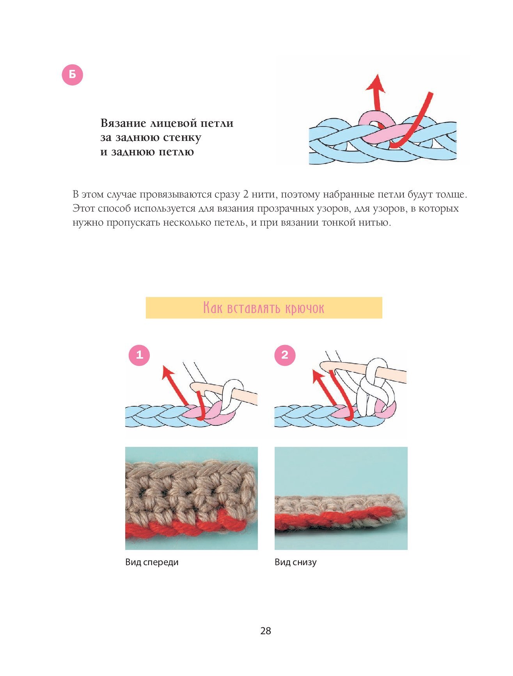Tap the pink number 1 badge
pyautogui.click(x=139, y=355)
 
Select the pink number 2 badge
pyautogui.click(x=285, y=355)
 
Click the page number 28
pyautogui.click(x=266, y=631)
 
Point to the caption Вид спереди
pyautogui.click(x=152, y=562)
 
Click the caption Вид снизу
pyautogui.click(x=296, y=562)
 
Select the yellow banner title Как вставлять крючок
pyautogui.click(x=264, y=308)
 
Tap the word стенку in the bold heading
pyautogui.click(x=182, y=137)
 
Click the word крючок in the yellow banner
pyautogui.click(x=305, y=308)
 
